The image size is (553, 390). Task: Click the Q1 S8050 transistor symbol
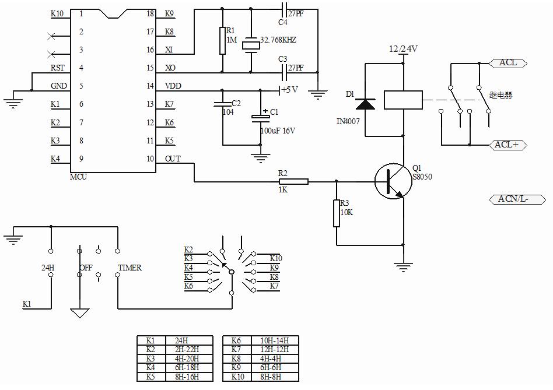pos(390,181)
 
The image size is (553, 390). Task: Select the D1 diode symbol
pos(365,104)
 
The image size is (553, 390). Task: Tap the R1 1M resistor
pos(222,41)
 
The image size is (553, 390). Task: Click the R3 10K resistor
pos(337,213)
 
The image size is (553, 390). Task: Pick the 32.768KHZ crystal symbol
pos(251,44)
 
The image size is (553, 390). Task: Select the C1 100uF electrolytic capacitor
pos(260,118)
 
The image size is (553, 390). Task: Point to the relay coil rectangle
pos(402,99)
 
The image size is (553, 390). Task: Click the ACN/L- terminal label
pos(516,199)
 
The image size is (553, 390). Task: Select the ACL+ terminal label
pos(507,145)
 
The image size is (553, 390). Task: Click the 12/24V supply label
pos(403,50)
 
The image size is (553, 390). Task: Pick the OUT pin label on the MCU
pos(173,159)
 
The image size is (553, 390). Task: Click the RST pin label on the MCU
pos(57,68)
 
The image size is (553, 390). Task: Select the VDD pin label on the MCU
pos(173,86)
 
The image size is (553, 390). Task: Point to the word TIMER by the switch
pos(129,268)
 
